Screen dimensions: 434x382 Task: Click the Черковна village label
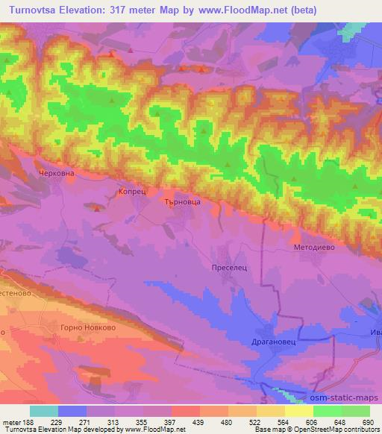coord(51,173)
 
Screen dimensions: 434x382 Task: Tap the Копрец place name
coord(129,192)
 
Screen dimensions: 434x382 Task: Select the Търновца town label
coord(182,201)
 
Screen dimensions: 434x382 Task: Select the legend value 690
coord(367,422)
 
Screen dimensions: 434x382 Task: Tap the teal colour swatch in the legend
coord(44,411)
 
